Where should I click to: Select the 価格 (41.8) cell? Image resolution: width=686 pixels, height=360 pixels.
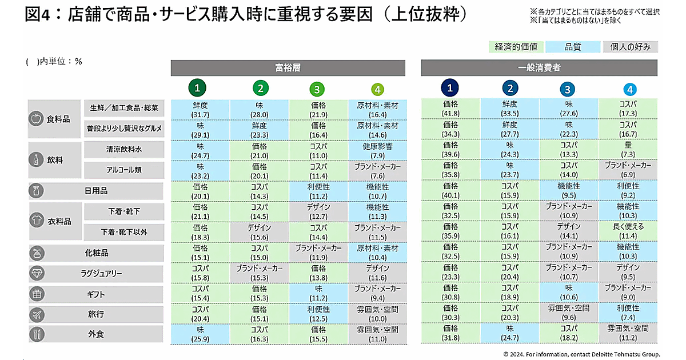click(450, 108)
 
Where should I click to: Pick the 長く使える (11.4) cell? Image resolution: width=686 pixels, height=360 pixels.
click(628, 231)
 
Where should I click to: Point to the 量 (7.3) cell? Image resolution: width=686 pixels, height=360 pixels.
click(628, 150)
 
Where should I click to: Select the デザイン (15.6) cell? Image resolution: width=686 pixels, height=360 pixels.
click(260, 231)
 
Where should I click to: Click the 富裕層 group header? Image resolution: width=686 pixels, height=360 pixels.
click(288, 67)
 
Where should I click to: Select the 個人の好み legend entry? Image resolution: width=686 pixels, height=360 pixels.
click(630, 47)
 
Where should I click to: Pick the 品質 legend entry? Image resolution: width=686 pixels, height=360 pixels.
click(573, 47)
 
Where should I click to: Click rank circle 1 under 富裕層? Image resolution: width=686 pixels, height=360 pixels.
click(197, 89)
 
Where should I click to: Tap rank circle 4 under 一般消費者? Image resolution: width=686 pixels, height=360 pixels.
click(629, 89)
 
